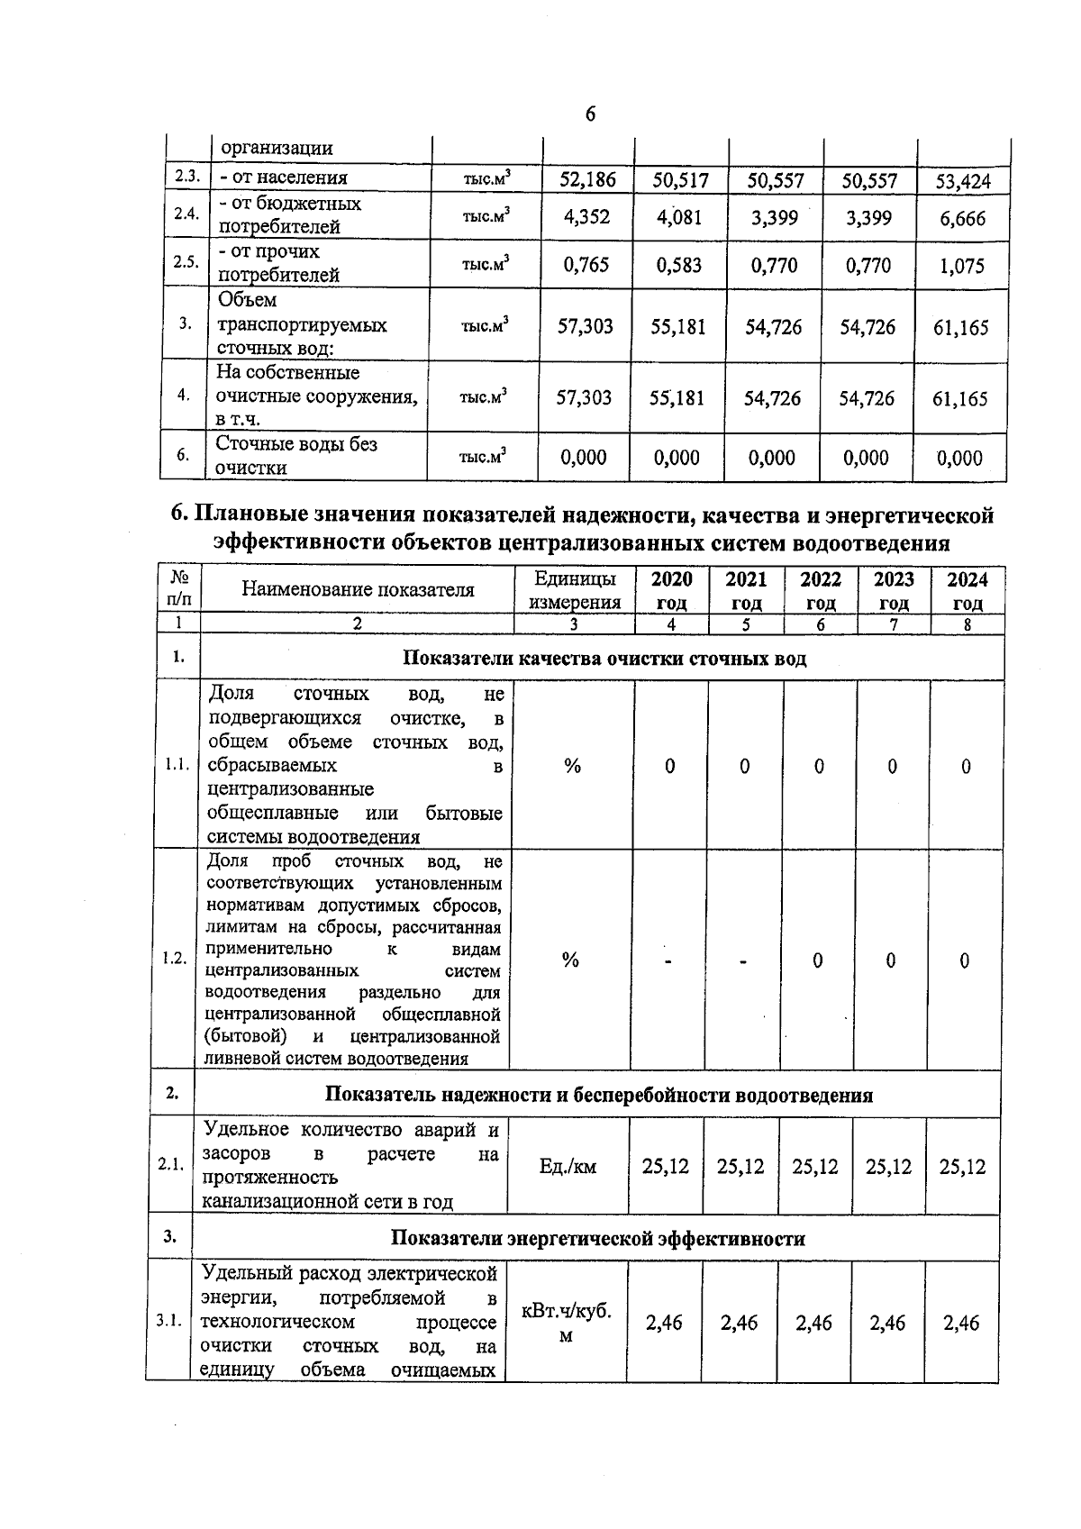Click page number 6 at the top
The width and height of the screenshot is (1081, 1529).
coord(590,114)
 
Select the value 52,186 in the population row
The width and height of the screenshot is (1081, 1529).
coord(587,179)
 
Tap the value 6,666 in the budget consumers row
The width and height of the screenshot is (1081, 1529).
coord(962,219)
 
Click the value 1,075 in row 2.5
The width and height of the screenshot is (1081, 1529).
coord(962,267)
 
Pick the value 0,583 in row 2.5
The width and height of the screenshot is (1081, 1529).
coord(679,265)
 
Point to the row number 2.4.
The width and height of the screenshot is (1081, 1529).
coord(186,214)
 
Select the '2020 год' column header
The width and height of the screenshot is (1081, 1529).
coord(671,590)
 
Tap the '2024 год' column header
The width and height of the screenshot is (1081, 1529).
coord(967,590)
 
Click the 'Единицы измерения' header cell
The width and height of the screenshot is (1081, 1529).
coord(575,590)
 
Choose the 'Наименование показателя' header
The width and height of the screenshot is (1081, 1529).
coord(358,590)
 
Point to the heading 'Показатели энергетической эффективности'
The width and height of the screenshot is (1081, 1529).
coord(597,1238)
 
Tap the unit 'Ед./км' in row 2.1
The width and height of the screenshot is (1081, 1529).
coord(568,1167)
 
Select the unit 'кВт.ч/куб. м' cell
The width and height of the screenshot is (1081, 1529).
coord(567,1323)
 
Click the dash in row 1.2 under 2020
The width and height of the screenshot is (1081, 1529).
coord(669,962)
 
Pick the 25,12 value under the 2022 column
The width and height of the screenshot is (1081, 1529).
coord(814,1167)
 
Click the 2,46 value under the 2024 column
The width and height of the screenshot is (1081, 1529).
coord(961,1323)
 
